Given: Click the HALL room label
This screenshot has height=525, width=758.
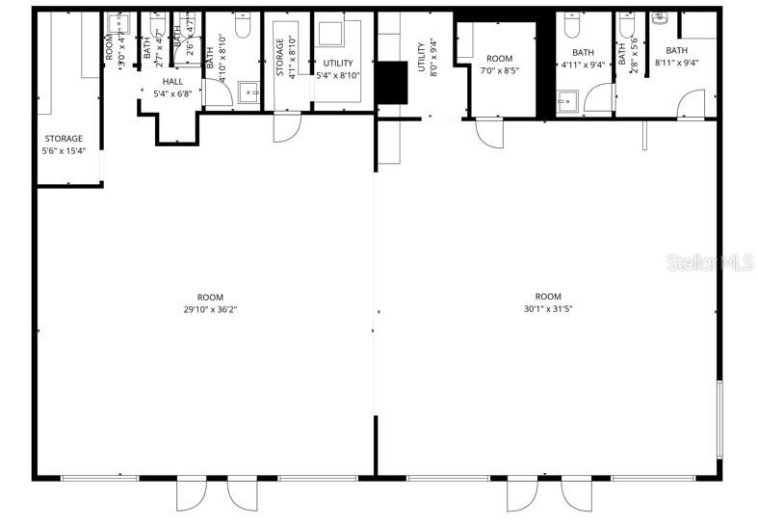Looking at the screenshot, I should coord(172,82).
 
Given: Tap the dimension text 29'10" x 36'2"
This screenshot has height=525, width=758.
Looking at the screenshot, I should coord(210,309).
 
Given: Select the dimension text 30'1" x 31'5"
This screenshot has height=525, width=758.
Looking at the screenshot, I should coord(548,309).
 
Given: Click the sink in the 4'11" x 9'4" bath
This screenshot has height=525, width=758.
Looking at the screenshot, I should coord(567,99).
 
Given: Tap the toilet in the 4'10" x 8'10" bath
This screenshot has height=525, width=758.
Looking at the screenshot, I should coord(242,18).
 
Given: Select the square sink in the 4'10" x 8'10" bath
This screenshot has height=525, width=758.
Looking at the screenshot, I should coord(249,93).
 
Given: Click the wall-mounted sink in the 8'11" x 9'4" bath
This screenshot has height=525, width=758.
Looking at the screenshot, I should coord(660,17).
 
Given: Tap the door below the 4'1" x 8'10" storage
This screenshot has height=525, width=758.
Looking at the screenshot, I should coord(287,126).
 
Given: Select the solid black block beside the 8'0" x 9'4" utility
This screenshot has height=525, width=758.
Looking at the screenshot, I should coord(392,81).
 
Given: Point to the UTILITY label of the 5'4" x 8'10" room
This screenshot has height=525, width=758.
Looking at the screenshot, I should coord(338,64).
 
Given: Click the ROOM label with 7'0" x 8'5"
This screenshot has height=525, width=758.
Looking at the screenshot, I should coord(500,59).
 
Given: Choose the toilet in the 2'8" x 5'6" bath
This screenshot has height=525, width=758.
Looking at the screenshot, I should coord(628,19).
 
